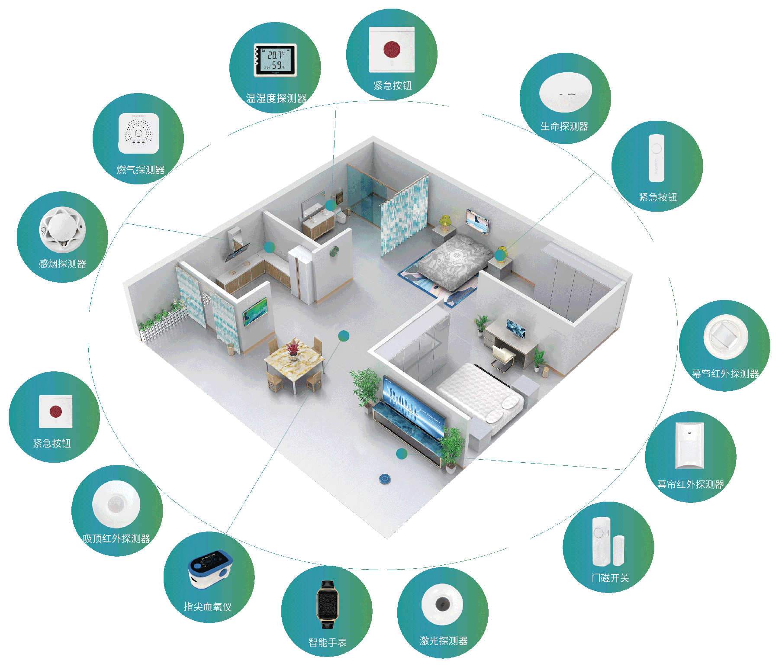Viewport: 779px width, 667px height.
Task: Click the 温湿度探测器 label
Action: click(x=276, y=99)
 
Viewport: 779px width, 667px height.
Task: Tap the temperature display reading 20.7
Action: click(x=275, y=55)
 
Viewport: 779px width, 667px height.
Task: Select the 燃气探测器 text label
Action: click(x=140, y=170)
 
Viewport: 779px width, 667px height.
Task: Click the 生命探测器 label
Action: click(x=564, y=126)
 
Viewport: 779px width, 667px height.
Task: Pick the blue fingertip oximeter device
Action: click(x=210, y=569)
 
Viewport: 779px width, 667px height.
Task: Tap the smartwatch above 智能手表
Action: click(x=328, y=604)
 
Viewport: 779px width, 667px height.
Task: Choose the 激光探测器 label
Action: click(x=444, y=641)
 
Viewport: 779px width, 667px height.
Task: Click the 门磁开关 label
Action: click(x=610, y=578)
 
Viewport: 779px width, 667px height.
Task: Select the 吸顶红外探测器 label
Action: click(x=116, y=538)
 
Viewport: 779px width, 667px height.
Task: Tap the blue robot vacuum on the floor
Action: click(x=385, y=479)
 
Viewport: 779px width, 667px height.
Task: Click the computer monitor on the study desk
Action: click(x=516, y=328)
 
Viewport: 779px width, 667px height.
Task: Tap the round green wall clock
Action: click(x=334, y=251)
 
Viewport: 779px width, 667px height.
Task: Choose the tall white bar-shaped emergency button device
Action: click(x=656, y=158)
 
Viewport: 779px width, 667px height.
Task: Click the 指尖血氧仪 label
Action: click(x=208, y=607)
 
